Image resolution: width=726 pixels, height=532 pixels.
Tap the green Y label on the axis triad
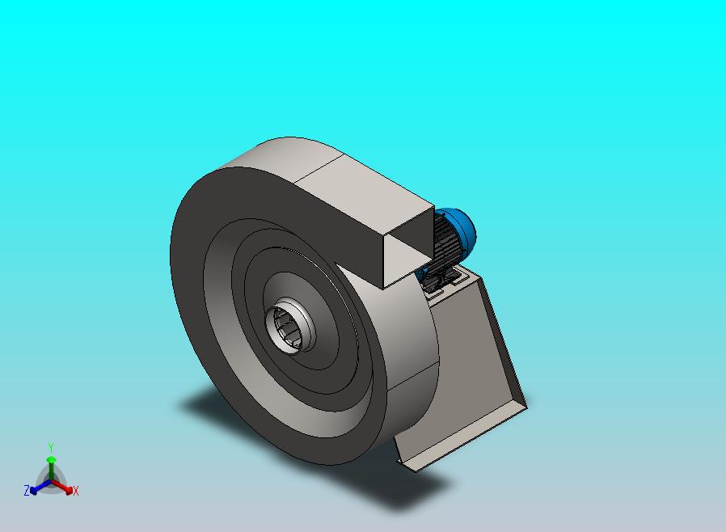coord(51,447)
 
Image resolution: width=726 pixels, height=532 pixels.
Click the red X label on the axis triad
coord(76,492)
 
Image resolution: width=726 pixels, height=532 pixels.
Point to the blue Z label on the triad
coord(27,490)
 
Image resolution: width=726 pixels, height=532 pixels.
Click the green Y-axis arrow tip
coord(52,459)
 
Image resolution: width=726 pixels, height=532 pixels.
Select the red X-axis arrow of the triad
coord(62,486)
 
